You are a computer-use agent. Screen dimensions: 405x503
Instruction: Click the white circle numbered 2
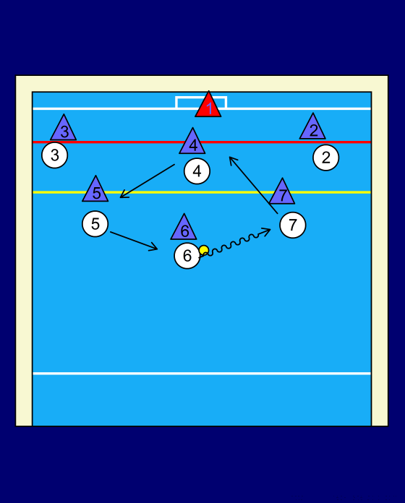click(325, 158)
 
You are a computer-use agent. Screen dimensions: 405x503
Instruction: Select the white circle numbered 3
click(54, 155)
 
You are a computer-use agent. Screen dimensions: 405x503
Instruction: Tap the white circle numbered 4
click(197, 171)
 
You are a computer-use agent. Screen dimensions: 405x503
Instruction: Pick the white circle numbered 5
click(95, 224)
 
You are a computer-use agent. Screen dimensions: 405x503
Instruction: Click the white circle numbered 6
click(187, 256)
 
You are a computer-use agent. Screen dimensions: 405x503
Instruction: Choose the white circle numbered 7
click(293, 225)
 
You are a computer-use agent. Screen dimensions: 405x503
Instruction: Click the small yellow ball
click(204, 250)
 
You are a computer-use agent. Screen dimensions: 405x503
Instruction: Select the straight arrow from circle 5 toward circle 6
click(134, 241)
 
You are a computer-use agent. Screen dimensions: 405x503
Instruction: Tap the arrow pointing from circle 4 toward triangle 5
click(148, 181)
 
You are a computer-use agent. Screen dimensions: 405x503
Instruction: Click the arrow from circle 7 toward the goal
click(253, 185)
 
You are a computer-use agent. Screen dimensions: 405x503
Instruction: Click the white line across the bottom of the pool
click(202, 374)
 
